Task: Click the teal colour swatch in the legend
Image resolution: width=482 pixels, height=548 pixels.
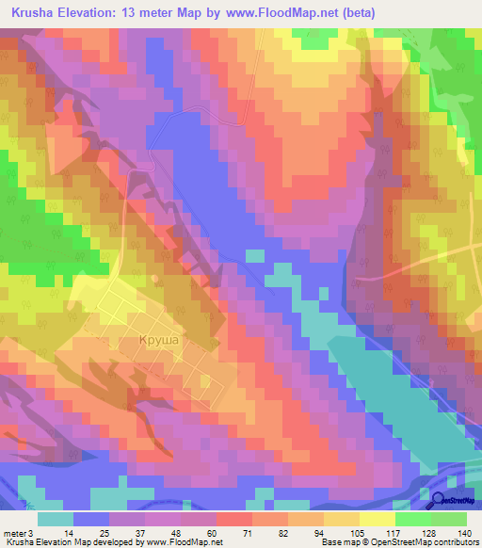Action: pos(56,518)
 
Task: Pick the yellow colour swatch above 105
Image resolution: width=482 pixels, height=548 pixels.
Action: pos(341,518)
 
